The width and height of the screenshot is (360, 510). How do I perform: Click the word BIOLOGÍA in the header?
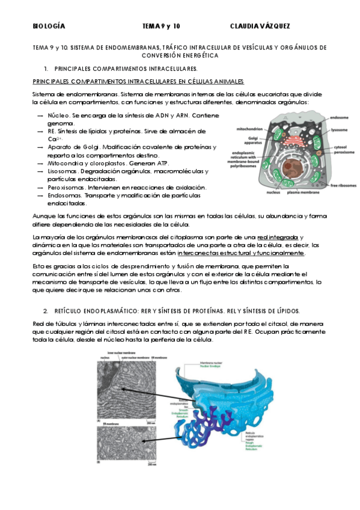point(49,27)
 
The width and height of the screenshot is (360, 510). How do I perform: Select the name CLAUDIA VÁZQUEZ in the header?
point(260,27)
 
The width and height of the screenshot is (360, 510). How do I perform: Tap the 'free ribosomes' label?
point(340,186)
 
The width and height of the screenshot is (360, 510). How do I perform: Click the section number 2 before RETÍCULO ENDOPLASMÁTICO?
point(46,311)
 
